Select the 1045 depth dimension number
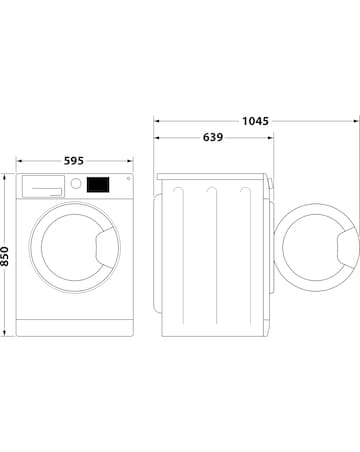coord(254,120)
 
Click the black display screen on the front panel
coord(98,185)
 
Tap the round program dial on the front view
coord(74,184)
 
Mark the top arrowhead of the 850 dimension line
coord(8,176)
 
